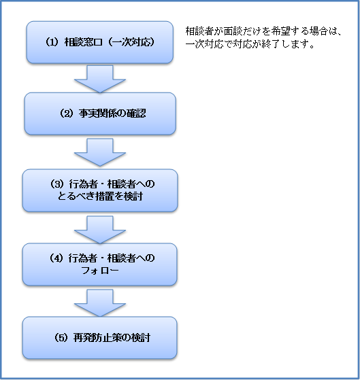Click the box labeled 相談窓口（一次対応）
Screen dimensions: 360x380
[x=100, y=42]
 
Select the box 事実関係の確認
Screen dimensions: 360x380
[x=100, y=114]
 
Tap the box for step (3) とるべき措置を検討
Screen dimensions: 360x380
[x=100, y=190]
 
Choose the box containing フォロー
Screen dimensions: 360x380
[x=100, y=264]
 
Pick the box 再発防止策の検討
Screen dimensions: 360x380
[x=100, y=338]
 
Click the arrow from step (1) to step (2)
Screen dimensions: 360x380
[x=100, y=79]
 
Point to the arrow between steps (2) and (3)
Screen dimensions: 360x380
[x=100, y=152]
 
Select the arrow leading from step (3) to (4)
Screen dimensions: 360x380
[x=100, y=230]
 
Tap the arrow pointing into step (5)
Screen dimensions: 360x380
[x=100, y=303]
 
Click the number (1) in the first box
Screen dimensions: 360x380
[x=52, y=42]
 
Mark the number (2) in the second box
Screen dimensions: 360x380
[x=66, y=114]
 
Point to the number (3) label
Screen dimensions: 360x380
[x=56, y=184]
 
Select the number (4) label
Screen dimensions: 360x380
[x=56, y=258]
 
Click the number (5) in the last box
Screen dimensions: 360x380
[x=61, y=338]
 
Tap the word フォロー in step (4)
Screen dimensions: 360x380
[x=100, y=271]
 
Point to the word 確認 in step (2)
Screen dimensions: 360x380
[x=137, y=114]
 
